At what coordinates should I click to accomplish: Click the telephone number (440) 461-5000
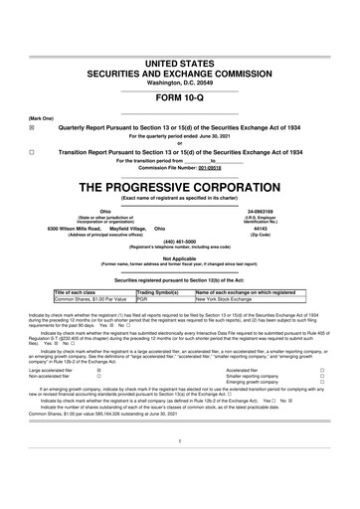point(180,245)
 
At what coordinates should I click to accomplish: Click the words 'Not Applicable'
point(180,257)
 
